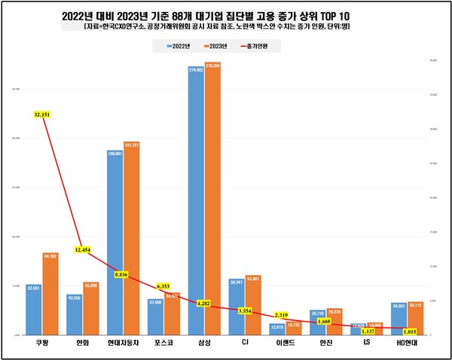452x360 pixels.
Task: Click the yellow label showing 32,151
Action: (41, 114)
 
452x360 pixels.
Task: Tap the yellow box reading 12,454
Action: (84, 249)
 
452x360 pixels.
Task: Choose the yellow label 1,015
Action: (409, 330)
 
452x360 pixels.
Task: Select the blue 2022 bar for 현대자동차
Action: (115, 241)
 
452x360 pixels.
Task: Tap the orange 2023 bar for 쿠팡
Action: (50, 294)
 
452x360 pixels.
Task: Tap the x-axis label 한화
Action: (83, 343)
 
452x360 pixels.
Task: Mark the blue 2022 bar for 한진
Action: (318, 322)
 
